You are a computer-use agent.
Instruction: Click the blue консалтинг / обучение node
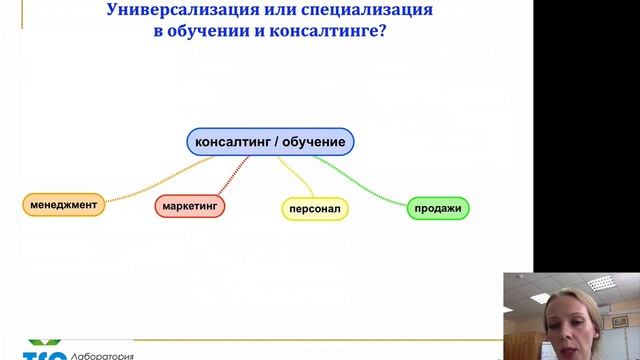coord(270,142)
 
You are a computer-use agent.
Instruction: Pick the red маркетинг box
coord(189,206)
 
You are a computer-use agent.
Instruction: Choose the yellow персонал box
coord(313,210)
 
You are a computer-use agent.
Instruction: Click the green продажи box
coord(438,209)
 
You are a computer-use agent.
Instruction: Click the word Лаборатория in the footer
coord(99,354)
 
